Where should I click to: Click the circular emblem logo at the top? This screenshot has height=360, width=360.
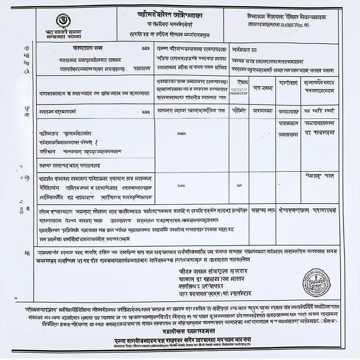64,20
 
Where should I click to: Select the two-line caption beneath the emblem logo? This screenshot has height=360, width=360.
64,34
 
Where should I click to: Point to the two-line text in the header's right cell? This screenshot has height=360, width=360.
281,20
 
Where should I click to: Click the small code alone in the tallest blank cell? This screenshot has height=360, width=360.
182,134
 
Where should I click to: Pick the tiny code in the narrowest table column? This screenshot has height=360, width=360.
239,185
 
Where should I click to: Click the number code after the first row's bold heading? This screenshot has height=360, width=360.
146,49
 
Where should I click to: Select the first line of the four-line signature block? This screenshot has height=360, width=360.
213,271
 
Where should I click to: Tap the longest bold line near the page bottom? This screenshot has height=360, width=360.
183,340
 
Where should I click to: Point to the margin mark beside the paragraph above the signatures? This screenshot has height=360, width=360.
27,253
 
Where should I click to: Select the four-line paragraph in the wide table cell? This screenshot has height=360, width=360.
141,225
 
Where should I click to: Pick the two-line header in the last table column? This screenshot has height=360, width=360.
320,86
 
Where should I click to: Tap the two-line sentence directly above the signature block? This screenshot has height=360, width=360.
186,256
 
